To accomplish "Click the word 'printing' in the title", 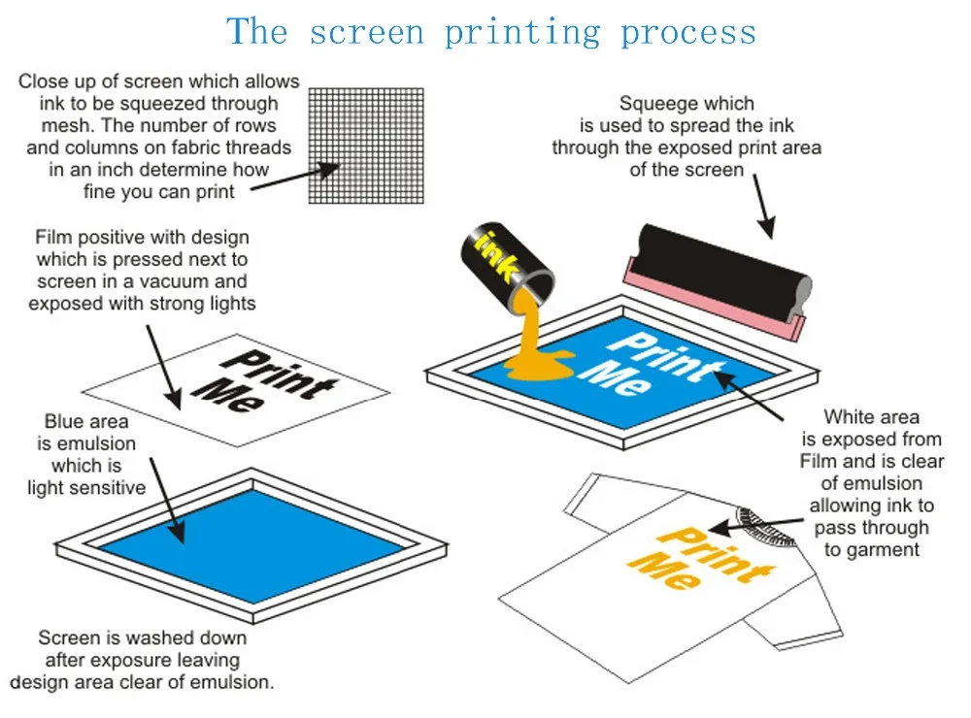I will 523,32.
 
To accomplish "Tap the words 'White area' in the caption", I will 871,417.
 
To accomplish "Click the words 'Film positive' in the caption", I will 86,237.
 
